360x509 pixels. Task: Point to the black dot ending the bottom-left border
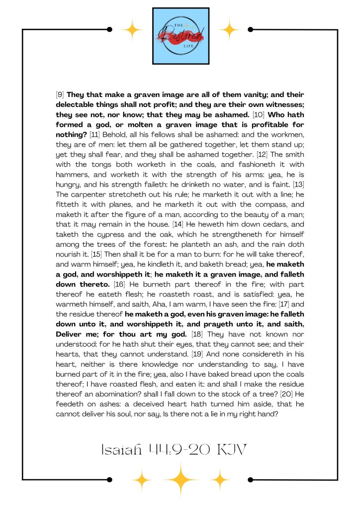pyautogui.click(x=109, y=480)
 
